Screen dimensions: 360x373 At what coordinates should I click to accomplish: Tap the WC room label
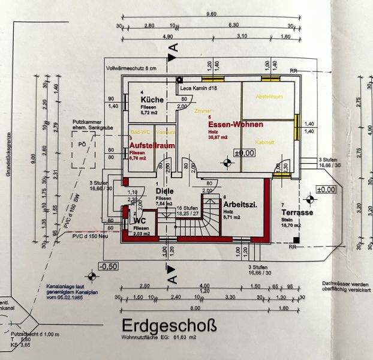[140, 220]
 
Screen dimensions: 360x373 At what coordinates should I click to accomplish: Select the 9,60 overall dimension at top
[210, 14]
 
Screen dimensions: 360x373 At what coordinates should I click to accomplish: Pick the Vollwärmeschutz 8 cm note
[131, 68]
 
